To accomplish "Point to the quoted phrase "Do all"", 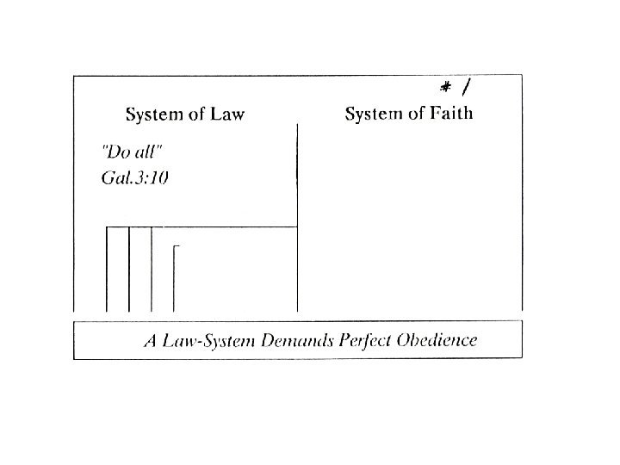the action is [x=132, y=153].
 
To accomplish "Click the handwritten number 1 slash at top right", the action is [x=466, y=86].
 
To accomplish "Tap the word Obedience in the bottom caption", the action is [x=437, y=340].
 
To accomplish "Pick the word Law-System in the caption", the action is [x=204, y=340].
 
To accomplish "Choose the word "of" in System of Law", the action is [x=197, y=115].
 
